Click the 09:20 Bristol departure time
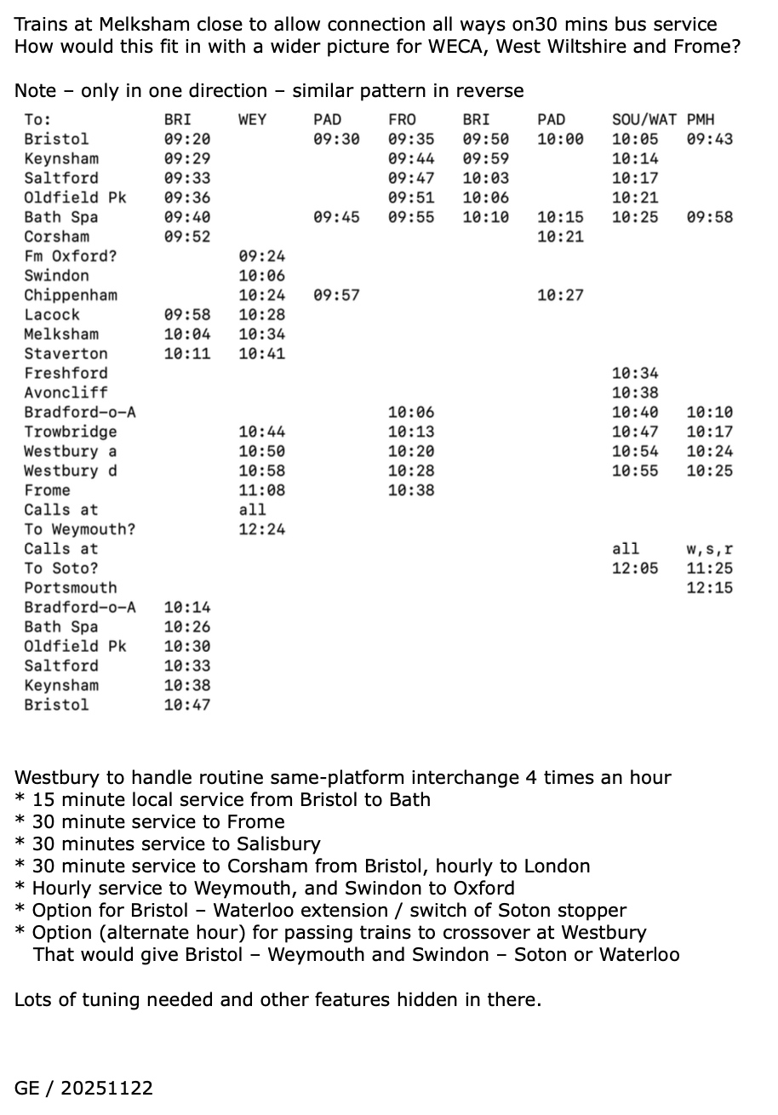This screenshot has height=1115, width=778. [187, 139]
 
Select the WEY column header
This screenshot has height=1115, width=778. [252, 119]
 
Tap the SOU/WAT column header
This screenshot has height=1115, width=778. [644, 119]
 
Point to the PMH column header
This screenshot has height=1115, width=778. [701, 119]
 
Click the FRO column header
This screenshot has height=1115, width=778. [402, 119]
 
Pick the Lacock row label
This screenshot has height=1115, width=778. [52, 315]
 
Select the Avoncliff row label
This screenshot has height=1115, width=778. [66, 392]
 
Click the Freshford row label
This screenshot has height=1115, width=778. [66, 373]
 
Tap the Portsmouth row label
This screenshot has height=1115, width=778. [71, 588]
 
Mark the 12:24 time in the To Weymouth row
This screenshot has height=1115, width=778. [262, 529]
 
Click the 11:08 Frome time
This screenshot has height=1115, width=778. [262, 490]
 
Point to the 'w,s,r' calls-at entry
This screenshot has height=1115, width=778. [709, 549]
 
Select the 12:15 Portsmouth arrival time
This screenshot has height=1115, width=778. [709, 588]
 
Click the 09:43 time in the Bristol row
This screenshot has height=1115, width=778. [709, 139]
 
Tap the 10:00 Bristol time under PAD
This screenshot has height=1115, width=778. [560, 139]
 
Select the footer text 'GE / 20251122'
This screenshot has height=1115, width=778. [83, 1088]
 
